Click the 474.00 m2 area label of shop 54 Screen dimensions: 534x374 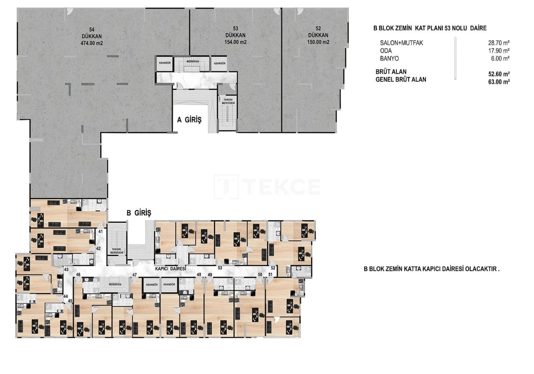[x=92, y=43]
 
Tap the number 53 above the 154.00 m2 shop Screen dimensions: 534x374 [x=236, y=28]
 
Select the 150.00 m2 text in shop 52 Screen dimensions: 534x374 [x=318, y=42]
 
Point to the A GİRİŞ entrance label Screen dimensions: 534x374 [x=189, y=120]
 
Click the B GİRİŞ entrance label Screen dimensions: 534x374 [x=139, y=213]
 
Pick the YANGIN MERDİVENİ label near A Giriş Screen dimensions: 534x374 [x=227, y=100]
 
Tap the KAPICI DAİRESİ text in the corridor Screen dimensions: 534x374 [x=170, y=269]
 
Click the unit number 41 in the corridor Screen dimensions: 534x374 [x=101, y=231]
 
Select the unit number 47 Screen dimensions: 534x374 [x=134, y=275]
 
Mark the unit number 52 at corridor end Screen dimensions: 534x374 [x=273, y=268]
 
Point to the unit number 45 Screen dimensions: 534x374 [x=70, y=301]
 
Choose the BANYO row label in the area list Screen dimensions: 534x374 [x=389, y=58]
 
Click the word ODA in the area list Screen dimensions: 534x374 [x=386, y=51]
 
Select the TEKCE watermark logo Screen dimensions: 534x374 [x=267, y=187]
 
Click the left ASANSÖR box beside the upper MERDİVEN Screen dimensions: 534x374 [x=164, y=63]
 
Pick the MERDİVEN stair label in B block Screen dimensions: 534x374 [x=115, y=284]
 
